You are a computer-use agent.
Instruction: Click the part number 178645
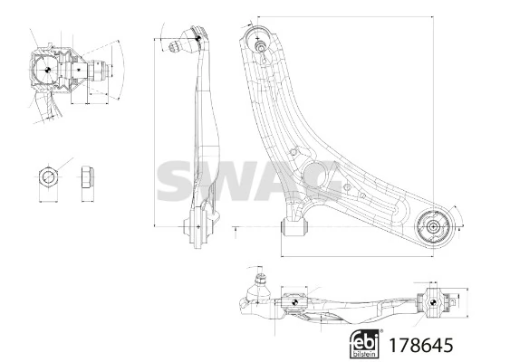[x=420, y=345]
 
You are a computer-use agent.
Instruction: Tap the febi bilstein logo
[x=365, y=344]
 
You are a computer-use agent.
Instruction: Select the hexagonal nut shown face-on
[x=48, y=177]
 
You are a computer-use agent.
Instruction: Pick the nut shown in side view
[x=88, y=176]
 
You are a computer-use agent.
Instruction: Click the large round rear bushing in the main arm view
[x=433, y=227]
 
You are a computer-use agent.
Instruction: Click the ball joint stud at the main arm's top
[x=260, y=45]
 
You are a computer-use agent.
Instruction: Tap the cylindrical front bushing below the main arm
[x=294, y=227]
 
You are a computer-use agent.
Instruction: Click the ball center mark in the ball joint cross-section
[x=46, y=70]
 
